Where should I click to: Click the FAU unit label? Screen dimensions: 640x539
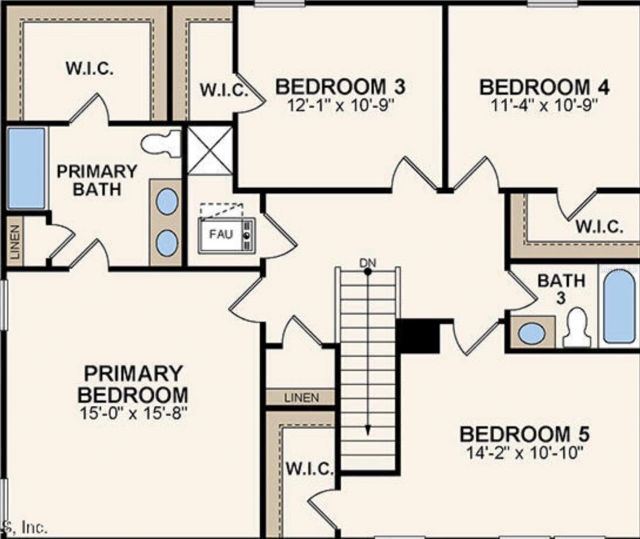pos(221,234)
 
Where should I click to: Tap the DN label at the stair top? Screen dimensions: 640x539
pos(368,263)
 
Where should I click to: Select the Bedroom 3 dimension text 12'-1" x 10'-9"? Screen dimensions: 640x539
pos(340,106)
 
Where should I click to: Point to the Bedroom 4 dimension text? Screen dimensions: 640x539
pos(544,106)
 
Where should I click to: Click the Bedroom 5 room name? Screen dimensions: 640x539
pos(525,435)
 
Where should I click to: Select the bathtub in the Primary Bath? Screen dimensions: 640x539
pos(26,168)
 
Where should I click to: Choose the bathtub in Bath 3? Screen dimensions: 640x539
pos(619,306)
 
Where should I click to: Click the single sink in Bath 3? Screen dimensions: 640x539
pos(532,333)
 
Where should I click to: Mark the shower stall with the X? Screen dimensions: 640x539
pos(210,151)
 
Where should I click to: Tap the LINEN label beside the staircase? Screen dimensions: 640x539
pos(302,398)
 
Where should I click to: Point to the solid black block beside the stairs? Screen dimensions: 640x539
pos(418,336)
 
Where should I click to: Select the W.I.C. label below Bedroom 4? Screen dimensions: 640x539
pos(599,227)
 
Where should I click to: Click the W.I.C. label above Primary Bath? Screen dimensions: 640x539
pos(90,68)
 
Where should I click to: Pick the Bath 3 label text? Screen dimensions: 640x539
pos(561,289)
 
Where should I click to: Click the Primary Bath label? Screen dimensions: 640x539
pos(97,180)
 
